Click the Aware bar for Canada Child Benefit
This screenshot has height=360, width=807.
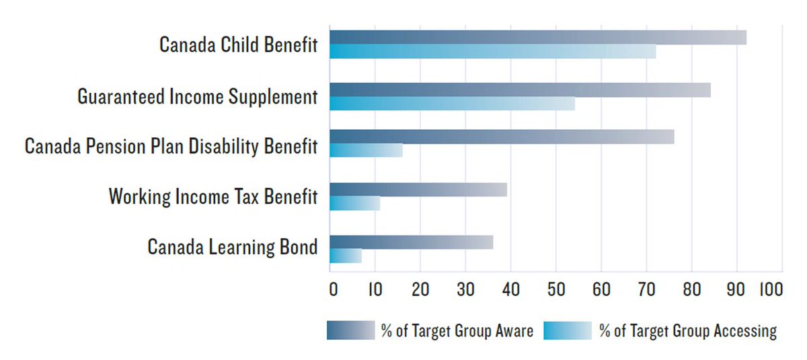pyautogui.click(x=538, y=37)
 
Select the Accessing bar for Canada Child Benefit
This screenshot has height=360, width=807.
pyautogui.click(x=492, y=52)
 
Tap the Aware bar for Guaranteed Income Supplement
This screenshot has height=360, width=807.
pyautogui.click(x=520, y=89)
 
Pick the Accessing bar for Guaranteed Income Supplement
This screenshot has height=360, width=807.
pyautogui.click(x=452, y=104)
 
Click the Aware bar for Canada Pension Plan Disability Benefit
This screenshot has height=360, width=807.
pyautogui.click(x=502, y=137)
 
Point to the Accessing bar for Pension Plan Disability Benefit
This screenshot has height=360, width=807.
pyautogui.click(x=366, y=150)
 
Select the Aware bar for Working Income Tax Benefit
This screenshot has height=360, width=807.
pyautogui.click(x=418, y=190)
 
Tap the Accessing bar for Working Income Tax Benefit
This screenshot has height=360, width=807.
pyautogui.click(x=354, y=203)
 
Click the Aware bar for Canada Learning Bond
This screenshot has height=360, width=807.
pyautogui.click(x=411, y=242)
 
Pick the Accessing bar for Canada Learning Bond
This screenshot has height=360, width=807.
pyautogui.click(x=346, y=256)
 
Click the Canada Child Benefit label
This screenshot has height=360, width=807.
pyautogui.click(x=238, y=45)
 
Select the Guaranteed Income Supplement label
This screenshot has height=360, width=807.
pyautogui.click(x=197, y=97)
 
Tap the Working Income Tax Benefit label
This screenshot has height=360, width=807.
pyautogui.click(x=213, y=197)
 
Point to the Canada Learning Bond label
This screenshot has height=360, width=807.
pyautogui.click(x=232, y=247)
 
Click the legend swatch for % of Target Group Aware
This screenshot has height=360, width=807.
pyautogui.click(x=350, y=330)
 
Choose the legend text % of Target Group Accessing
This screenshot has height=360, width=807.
pyautogui.click(x=688, y=331)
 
